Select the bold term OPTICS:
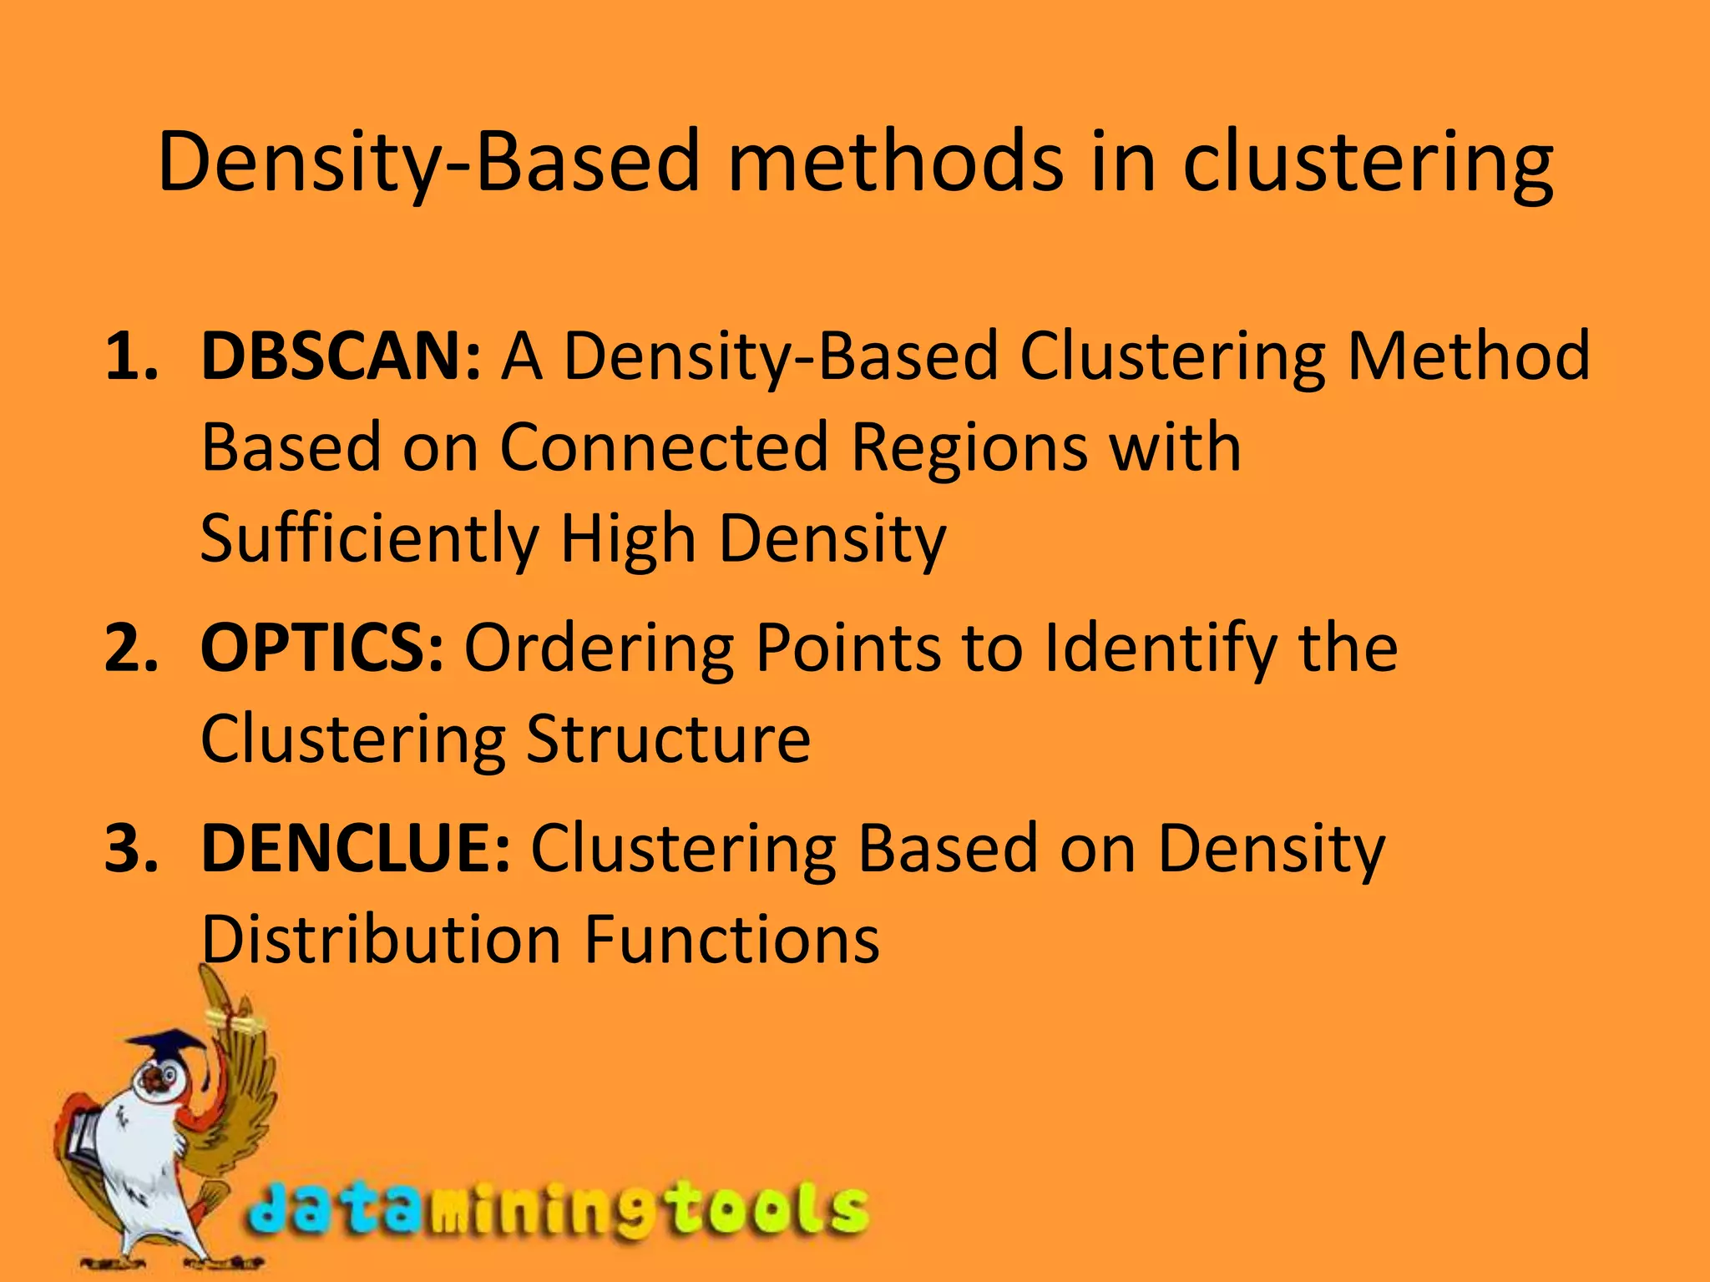[x=321, y=649]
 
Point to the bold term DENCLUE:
[x=355, y=849]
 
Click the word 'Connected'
[x=664, y=447]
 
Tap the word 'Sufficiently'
[x=369, y=540]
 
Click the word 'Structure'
[x=668, y=739]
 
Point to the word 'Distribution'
[x=380, y=941]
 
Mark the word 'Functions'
[x=731, y=941]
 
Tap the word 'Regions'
[x=969, y=447]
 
